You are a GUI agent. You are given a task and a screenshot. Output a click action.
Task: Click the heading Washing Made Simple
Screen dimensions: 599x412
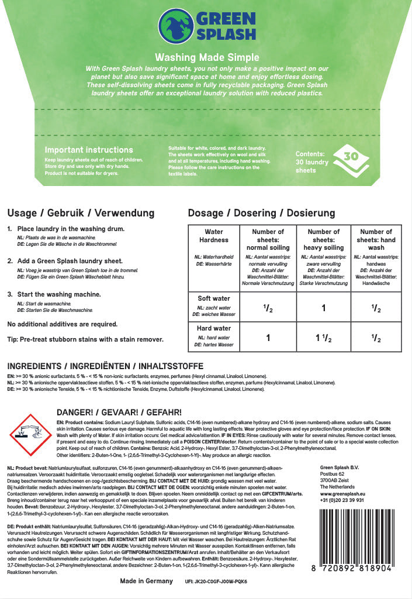pyautogui.click(x=206, y=57)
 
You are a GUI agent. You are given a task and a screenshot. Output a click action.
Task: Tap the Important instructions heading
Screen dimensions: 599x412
pyautogui.click(x=89, y=150)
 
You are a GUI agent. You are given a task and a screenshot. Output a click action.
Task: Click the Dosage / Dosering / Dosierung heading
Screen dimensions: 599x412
pyautogui.click(x=261, y=213)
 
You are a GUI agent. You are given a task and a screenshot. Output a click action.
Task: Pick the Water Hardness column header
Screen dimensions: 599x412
pyautogui.click(x=214, y=236)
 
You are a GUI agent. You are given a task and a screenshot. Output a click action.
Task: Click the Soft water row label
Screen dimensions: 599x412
pyautogui.click(x=214, y=298)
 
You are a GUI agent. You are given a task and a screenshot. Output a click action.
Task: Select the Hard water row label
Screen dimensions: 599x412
pyautogui.click(x=214, y=328)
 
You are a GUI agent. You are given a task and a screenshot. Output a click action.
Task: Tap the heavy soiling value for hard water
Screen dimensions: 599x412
pyautogui.click(x=323, y=338)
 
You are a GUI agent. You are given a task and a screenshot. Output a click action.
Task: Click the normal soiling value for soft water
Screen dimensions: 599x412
pyautogui.click(x=268, y=307)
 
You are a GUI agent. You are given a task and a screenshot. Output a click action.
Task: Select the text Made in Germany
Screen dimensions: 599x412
pyautogui.click(x=146, y=581)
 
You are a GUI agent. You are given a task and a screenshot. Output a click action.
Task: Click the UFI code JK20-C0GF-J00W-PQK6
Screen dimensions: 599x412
pyautogui.click(x=216, y=582)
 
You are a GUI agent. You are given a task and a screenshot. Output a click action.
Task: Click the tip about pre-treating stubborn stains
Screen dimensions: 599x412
pyautogui.click(x=85, y=339)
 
